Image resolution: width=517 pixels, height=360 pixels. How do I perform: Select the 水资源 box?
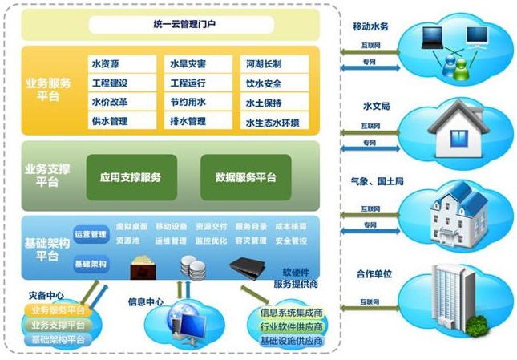coord(122,63)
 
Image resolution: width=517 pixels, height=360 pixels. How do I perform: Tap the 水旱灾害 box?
coord(199,63)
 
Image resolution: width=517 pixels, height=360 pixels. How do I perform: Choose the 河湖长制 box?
coord(273,63)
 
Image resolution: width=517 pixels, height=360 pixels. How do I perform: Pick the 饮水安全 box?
coord(273,83)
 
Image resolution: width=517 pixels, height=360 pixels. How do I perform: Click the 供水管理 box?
coord(122,122)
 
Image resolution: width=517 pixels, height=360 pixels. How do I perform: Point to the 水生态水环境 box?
coord(273,123)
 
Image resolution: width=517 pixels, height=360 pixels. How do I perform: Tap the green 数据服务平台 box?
coord(245,176)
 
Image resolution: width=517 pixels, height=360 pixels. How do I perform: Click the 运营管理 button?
coord(91,235)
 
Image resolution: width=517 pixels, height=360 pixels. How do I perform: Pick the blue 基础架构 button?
coord(91,263)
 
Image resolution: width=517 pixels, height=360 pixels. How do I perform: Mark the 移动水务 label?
coord(370,26)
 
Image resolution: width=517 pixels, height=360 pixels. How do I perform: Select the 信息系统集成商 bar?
coord(291,312)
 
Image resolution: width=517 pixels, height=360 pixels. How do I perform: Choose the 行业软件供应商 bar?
coord(291,327)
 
